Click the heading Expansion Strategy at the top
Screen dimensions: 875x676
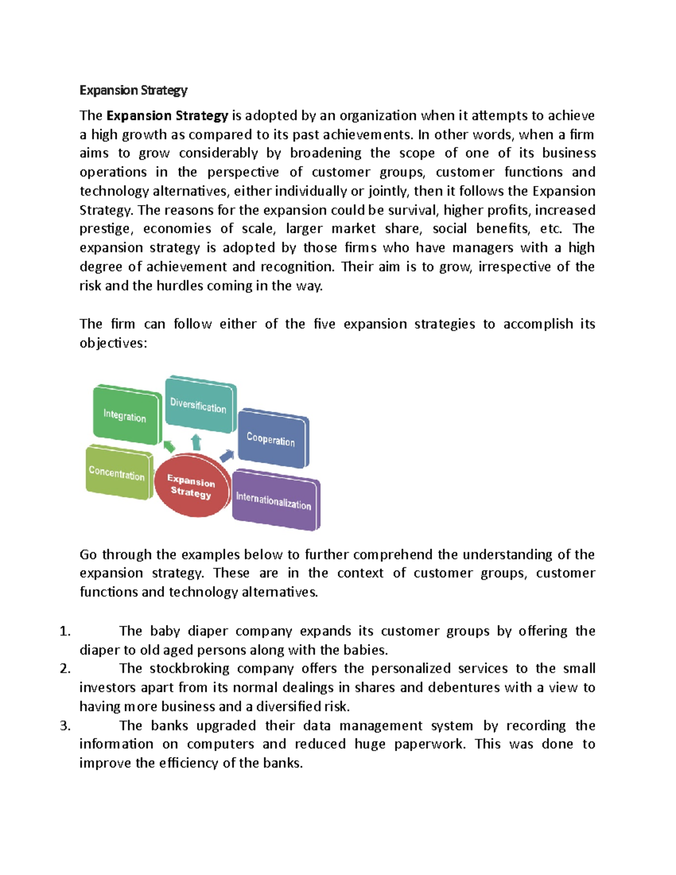(133, 90)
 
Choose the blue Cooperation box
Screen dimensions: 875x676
(271, 439)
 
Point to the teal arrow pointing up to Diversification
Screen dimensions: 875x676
(196, 442)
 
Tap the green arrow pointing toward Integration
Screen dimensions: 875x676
(168, 446)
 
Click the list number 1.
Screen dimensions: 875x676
(65, 631)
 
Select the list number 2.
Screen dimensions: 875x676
(65, 669)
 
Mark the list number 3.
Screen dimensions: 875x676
(65, 726)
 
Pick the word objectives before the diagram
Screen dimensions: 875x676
(112, 343)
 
